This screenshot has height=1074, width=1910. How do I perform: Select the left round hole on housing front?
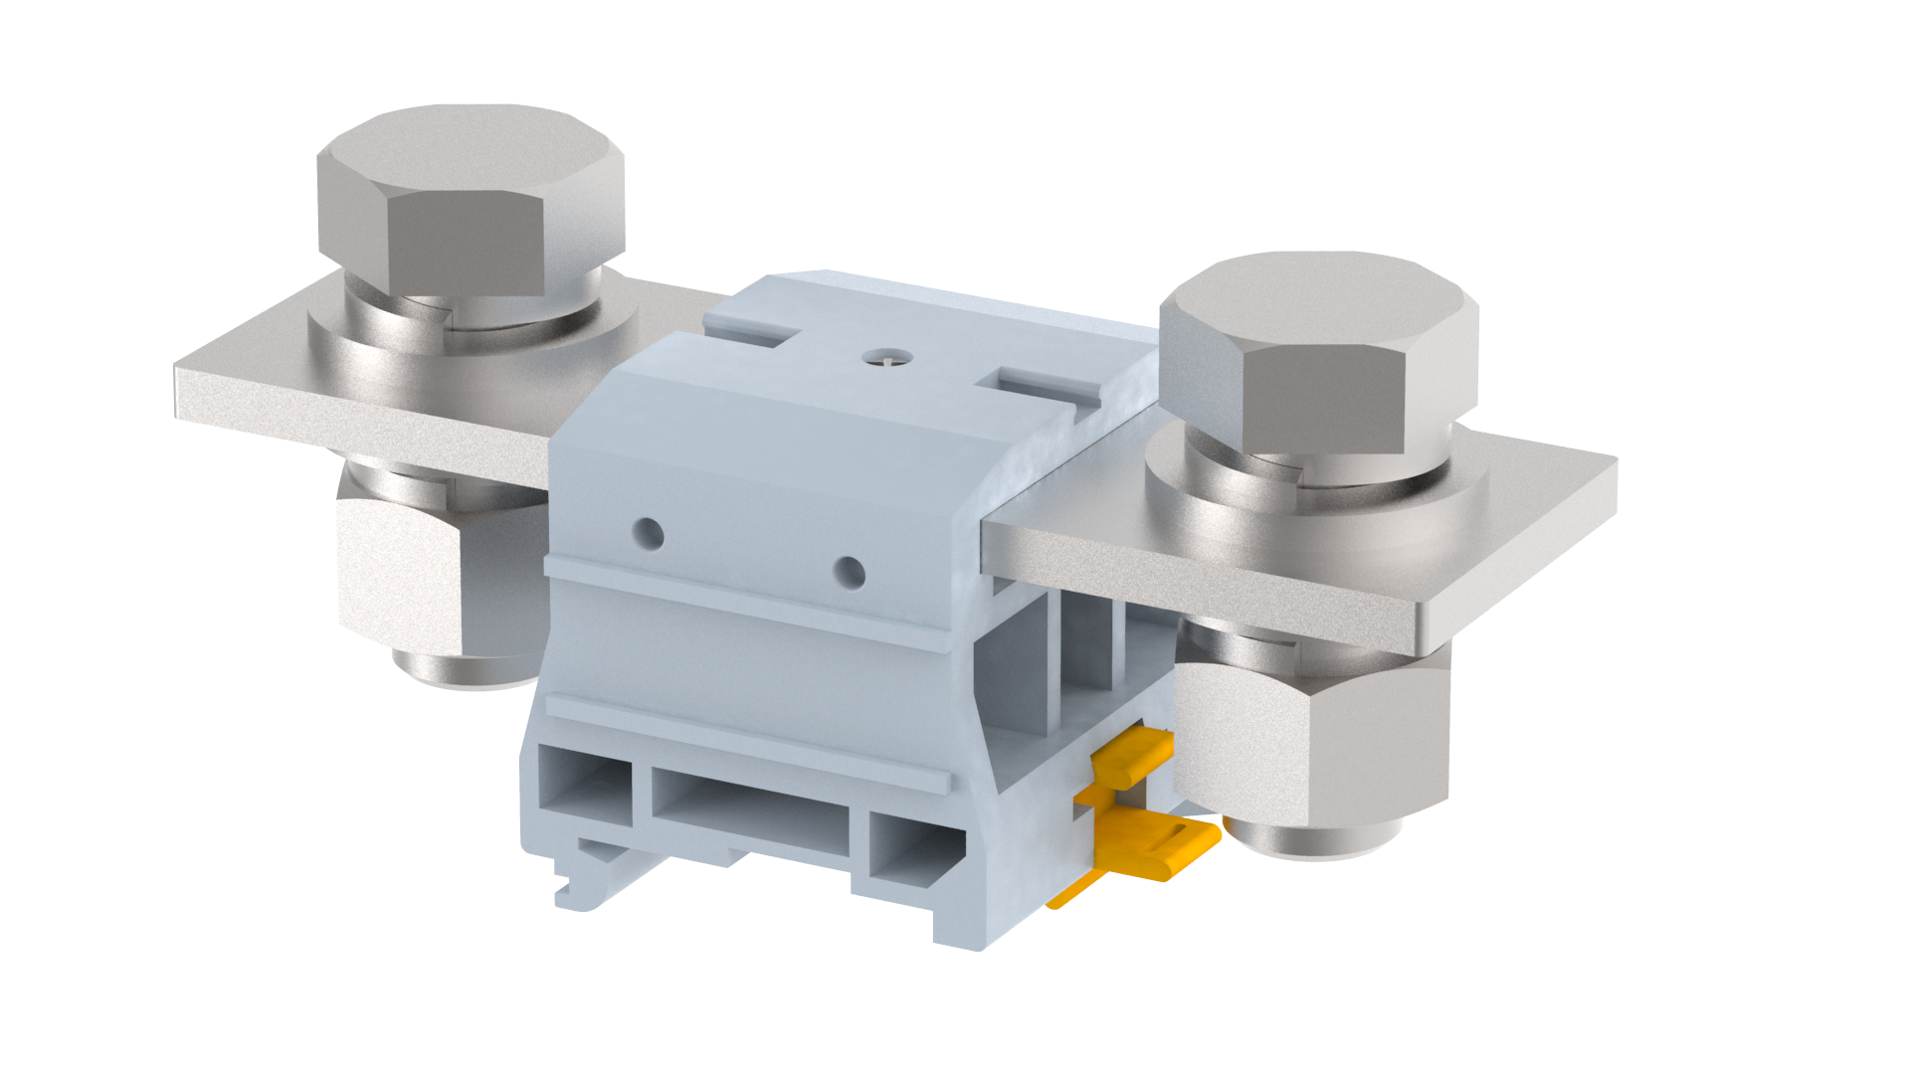click(648, 533)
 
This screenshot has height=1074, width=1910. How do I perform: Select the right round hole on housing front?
click(849, 572)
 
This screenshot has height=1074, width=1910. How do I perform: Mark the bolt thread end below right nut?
click(1313, 840)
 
